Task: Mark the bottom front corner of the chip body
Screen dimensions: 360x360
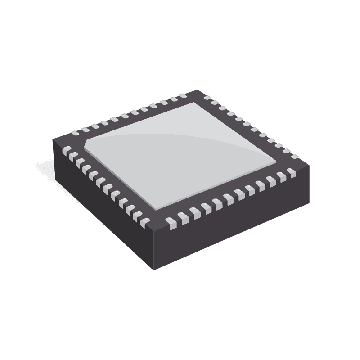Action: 154,269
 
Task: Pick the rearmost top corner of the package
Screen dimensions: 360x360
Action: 198,90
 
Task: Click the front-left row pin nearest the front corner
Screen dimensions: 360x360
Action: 144,221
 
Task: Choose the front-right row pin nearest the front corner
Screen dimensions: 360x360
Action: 171,222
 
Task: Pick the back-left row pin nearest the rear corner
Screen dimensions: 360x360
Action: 183,96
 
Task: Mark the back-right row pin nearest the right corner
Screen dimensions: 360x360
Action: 295,156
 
